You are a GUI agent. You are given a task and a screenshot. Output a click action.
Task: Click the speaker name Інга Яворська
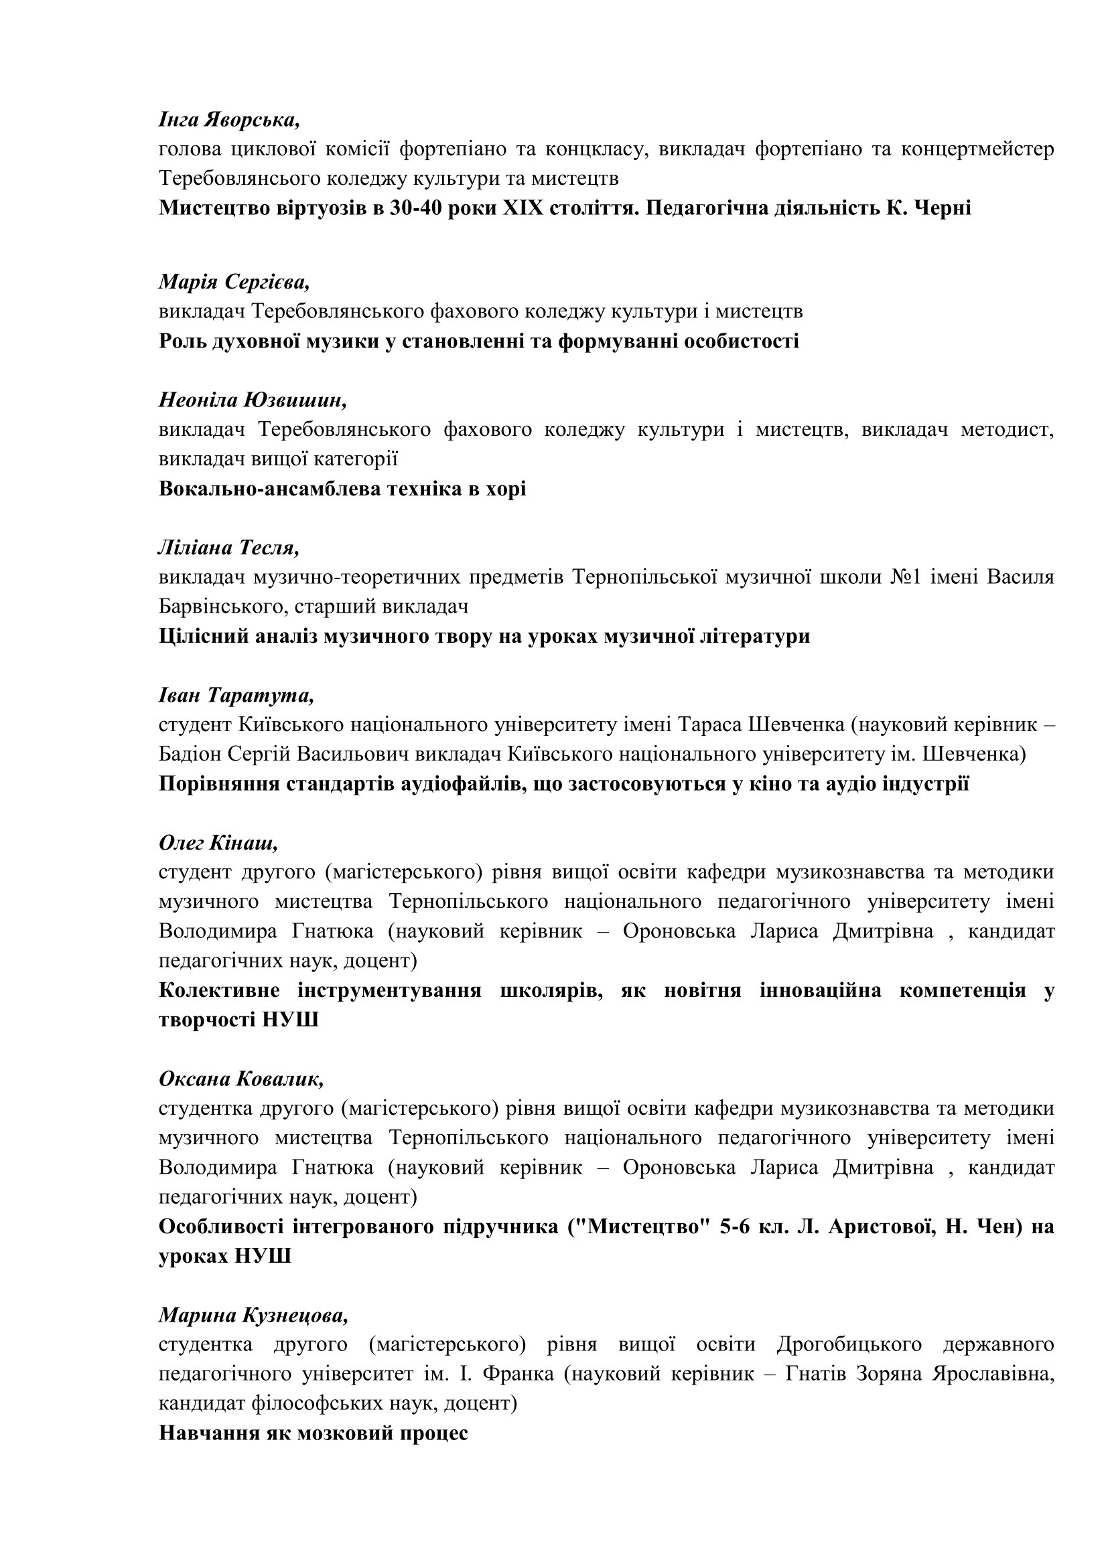point(229,119)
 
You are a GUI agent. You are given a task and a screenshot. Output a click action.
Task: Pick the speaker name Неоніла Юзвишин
point(253,400)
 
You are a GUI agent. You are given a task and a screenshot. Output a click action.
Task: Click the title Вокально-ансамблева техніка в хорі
point(342,489)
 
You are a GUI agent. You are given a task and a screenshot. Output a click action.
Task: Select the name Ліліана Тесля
point(228,548)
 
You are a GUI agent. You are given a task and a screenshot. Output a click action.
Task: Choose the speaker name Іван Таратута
point(236,695)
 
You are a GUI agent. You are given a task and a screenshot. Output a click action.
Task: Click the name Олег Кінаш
point(218,843)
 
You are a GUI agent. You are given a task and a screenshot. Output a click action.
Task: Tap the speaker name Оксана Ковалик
point(241,1079)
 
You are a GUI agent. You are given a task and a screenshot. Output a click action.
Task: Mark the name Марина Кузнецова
point(253,1315)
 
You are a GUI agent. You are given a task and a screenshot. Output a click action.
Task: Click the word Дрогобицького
point(849,1345)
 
